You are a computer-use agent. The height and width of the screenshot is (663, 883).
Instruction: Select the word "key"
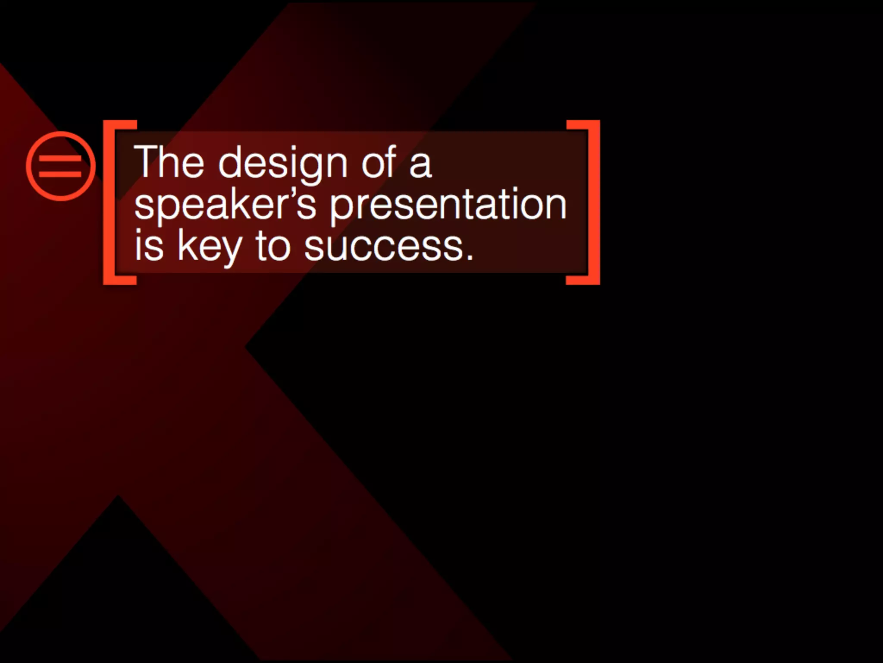click(210, 248)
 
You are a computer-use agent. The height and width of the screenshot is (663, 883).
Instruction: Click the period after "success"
click(470, 257)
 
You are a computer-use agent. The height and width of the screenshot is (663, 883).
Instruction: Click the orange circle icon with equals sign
click(61, 166)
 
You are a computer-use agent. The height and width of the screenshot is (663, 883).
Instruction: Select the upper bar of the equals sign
click(60, 158)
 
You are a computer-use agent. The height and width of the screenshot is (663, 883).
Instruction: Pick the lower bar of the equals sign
click(60, 174)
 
